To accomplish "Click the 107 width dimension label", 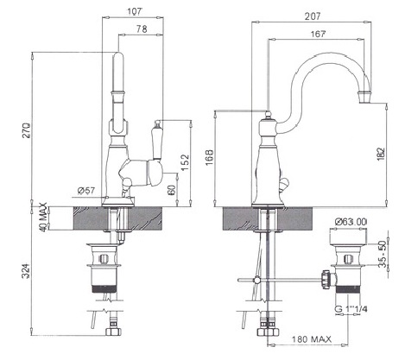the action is pyautogui.click(x=135, y=11).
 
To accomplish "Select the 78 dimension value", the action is pyautogui.click(x=142, y=28).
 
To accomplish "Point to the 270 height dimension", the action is pyautogui.click(x=26, y=131).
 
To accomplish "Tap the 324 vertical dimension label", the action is pyautogui.click(x=26, y=271).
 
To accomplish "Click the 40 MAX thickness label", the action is pyautogui.click(x=43, y=217).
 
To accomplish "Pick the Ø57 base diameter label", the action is pyautogui.click(x=86, y=190).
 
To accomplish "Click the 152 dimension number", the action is pyautogui.click(x=186, y=162).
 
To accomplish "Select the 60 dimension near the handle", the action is pyautogui.click(x=171, y=190).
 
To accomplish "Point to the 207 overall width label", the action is pyautogui.click(x=313, y=16).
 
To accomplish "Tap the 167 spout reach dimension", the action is pyautogui.click(x=318, y=34).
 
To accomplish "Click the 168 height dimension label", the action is pyautogui.click(x=210, y=157).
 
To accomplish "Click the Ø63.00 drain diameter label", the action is pyautogui.click(x=351, y=222).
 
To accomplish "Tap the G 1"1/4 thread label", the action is pyautogui.click(x=351, y=309).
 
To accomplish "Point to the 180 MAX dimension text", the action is pyautogui.click(x=312, y=339).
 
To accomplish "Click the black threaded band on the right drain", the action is pyautogui.click(x=348, y=289).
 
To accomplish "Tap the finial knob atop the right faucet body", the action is pyautogui.click(x=268, y=115).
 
